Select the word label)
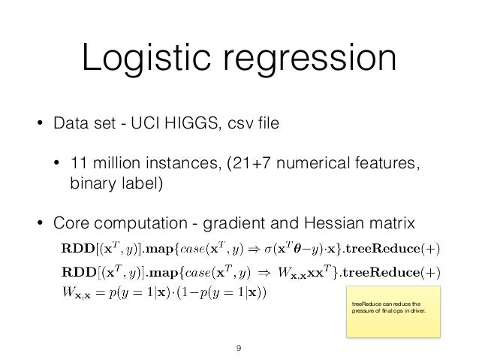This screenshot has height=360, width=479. click(140, 183)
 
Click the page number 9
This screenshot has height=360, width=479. click(239, 347)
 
